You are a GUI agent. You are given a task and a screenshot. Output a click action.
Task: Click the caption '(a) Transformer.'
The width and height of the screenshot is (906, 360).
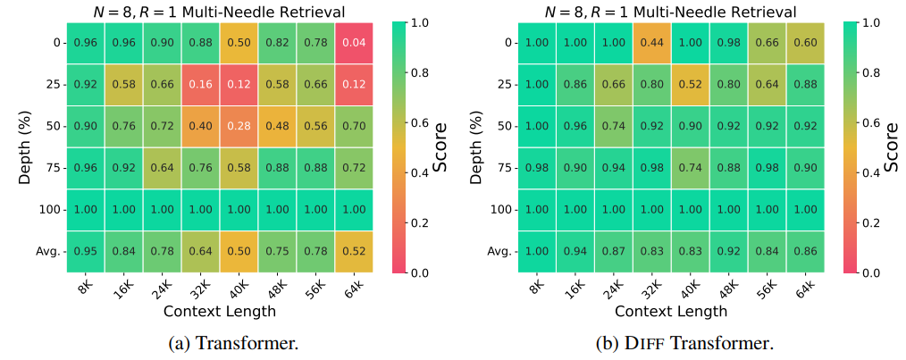[x=219, y=344]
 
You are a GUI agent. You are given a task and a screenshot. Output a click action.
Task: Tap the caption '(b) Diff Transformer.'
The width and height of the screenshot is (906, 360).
[x=684, y=344]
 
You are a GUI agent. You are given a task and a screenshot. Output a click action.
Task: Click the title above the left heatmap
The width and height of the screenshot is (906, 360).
[x=219, y=11]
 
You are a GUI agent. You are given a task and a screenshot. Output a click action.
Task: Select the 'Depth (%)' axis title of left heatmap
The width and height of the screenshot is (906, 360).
[x=24, y=147]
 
